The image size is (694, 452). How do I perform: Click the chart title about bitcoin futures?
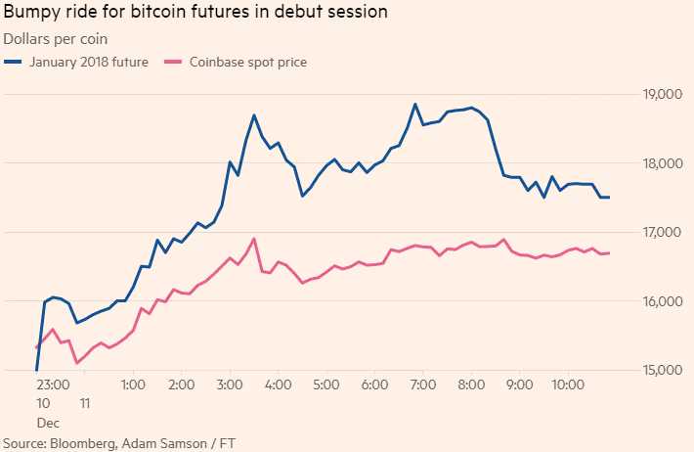195,14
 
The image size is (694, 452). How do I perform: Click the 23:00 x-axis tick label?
53,385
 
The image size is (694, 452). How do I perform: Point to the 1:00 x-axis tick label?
133,385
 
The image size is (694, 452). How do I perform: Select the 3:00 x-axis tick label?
229,385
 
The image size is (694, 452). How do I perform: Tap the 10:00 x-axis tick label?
568,385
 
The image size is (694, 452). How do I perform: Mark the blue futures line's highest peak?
415,104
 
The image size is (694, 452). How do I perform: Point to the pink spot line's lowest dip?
77,363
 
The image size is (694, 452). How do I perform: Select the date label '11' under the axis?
85,403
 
